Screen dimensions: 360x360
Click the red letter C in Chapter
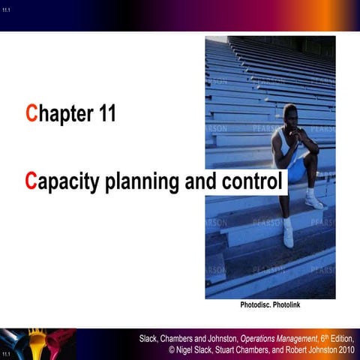point(31,115)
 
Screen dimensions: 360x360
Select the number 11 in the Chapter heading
point(102,115)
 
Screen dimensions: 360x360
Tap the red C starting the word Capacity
point(31,181)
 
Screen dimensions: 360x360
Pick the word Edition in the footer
point(339,338)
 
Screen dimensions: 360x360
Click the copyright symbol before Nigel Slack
point(172,350)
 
